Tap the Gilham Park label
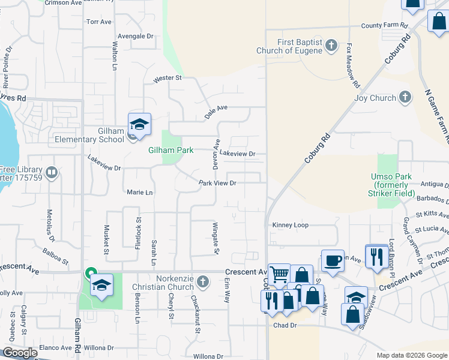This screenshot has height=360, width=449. [x=171, y=150]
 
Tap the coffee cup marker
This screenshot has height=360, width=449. [x=333, y=261]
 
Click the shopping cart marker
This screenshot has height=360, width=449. [x=279, y=275]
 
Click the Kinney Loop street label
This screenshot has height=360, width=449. [x=291, y=225]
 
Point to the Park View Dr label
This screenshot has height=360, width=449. [x=218, y=183]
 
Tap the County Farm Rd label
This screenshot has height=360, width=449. [x=384, y=26]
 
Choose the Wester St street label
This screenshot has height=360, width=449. [x=167, y=79]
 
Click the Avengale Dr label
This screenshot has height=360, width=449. [x=136, y=36]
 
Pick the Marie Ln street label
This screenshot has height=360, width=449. [x=140, y=193]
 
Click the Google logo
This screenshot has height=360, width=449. [x=19, y=353]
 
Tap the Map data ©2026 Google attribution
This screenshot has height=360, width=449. [x=411, y=355]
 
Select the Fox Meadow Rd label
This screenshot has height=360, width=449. [x=353, y=65]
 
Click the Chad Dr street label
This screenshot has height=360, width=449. [x=285, y=325]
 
